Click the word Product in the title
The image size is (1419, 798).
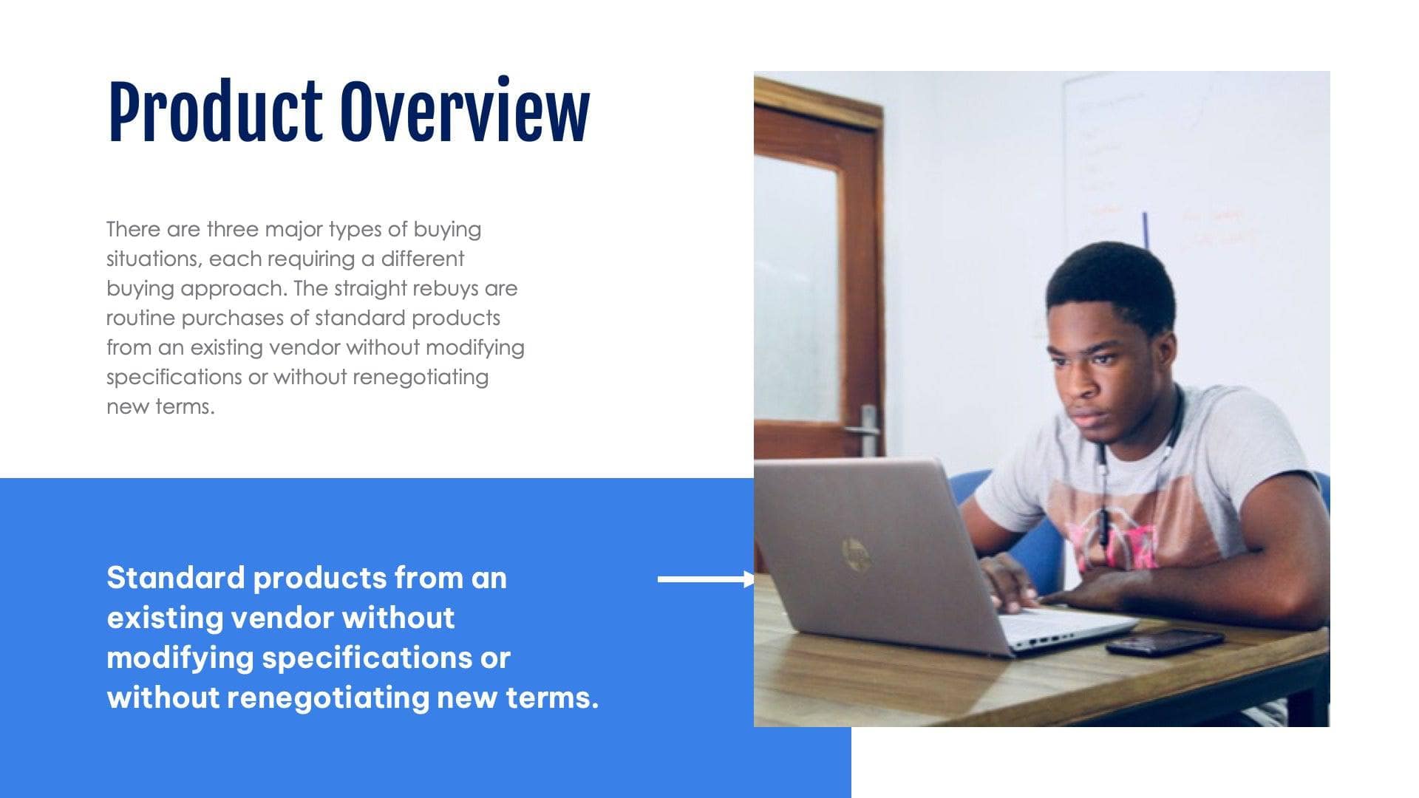pos(215,112)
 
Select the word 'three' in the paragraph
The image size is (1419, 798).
pos(233,229)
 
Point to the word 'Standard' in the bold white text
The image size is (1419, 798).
pos(175,578)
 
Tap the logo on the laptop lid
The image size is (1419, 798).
pos(855,553)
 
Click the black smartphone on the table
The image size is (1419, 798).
pos(1163,641)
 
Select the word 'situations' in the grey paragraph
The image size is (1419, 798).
pos(153,259)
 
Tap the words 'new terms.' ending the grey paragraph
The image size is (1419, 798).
pos(160,406)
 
